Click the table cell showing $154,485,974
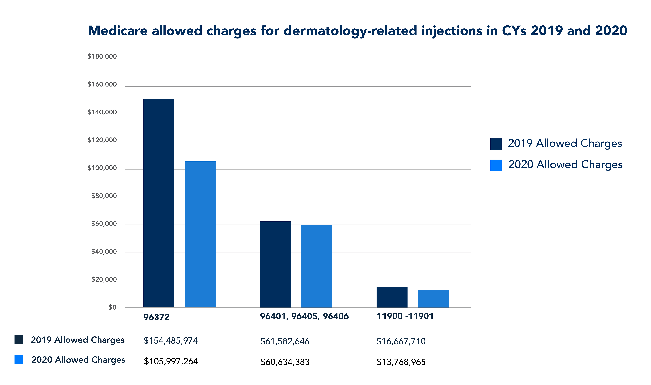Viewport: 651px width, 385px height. [171, 341]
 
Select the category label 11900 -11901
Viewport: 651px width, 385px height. [405, 316]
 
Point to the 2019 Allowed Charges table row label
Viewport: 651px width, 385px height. [78, 340]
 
